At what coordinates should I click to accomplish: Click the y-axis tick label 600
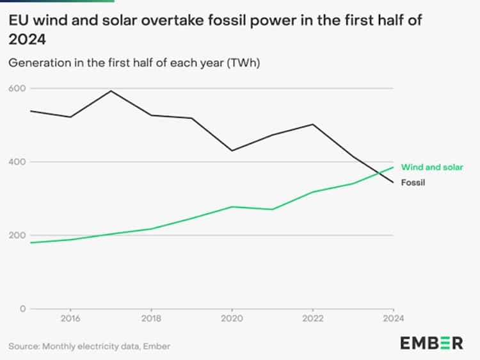point(16,88)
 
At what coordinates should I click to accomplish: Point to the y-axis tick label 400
point(16,161)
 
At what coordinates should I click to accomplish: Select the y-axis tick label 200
point(16,235)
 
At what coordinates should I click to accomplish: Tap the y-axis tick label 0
point(21,309)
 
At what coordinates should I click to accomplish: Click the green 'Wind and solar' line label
point(432,167)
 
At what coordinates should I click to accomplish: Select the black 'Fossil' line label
point(413,183)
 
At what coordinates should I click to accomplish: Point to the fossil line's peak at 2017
point(111,90)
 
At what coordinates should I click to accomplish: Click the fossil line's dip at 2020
point(232,151)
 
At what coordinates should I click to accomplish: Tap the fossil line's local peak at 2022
point(312,124)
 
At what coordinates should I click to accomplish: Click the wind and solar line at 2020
point(232,207)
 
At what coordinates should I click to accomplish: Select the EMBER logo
point(431,343)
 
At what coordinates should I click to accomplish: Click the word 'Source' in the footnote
point(24,346)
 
